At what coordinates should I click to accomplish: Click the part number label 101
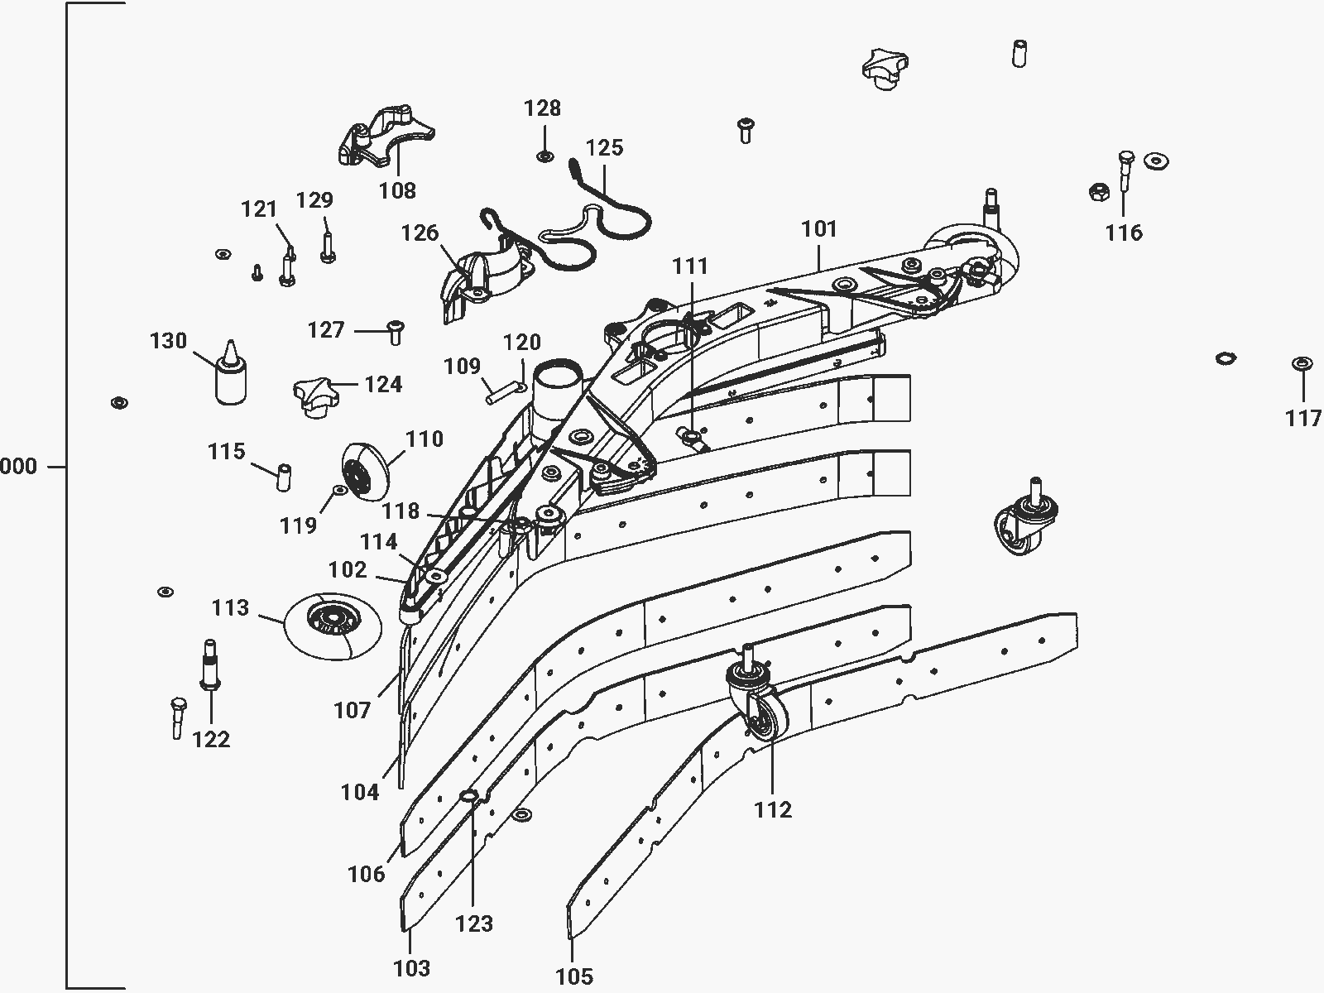(819, 229)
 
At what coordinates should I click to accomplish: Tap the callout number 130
(168, 341)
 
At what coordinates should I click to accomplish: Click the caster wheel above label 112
(758, 698)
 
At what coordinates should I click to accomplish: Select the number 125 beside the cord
(604, 148)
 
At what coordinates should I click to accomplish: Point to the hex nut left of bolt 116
(1100, 192)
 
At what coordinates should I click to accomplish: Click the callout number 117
(1302, 419)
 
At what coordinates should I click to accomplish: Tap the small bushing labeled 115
(284, 477)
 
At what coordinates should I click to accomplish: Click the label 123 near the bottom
(474, 923)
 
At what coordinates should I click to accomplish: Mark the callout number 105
(574, 976)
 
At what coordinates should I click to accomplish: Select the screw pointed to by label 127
(395, 333)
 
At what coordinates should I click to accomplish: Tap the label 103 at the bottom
(412, 968)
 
